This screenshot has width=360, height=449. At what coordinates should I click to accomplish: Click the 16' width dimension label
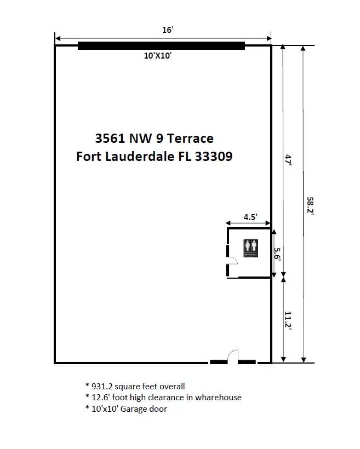168,30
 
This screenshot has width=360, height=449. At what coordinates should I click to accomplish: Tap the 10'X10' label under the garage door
158,55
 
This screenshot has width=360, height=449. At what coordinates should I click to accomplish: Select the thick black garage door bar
161,46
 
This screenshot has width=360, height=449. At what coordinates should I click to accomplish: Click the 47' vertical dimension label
288,160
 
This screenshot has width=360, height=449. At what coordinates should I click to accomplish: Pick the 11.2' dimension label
288,321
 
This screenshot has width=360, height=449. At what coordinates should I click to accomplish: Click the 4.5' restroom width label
250,217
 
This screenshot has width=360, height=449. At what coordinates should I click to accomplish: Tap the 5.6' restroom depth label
277,254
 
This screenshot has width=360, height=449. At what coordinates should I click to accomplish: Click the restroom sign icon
250,248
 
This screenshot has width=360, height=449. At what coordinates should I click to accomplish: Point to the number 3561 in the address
110,139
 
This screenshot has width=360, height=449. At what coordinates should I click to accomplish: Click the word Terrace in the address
190,139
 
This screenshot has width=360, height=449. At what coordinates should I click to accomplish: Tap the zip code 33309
214,157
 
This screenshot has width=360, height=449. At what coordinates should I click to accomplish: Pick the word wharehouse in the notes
218,398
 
